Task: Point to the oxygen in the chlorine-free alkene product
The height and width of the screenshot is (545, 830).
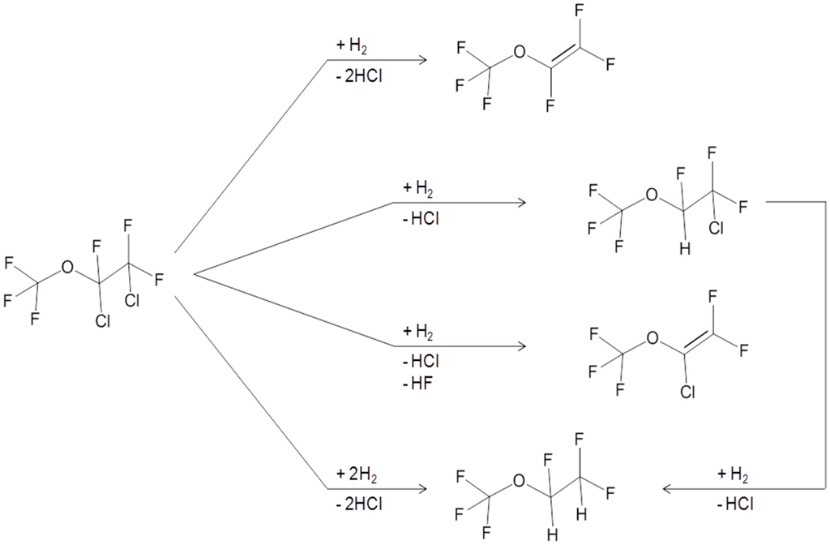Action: [x=520, y=54]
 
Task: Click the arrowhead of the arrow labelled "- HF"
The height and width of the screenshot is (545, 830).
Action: [x=520, y=347]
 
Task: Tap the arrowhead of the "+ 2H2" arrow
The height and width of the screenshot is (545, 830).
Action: [x=422, y=489]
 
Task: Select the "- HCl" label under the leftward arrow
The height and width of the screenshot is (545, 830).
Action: [x=734, y=504]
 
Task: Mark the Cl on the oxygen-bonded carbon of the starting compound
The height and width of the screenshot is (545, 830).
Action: [x=102, y=321]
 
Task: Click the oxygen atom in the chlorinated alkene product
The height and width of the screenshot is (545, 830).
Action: [x=651, y=337]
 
